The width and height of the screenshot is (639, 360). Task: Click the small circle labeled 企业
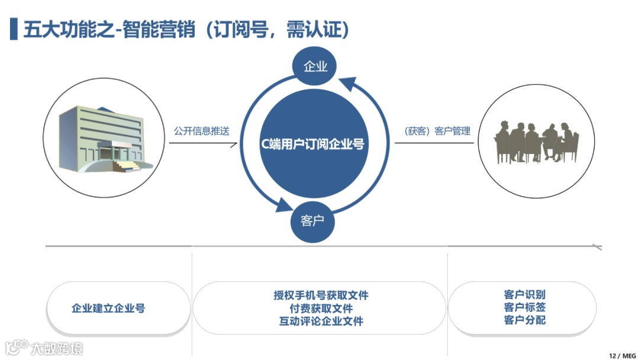coord(315,66)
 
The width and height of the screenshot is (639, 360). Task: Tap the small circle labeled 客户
coord(312,221)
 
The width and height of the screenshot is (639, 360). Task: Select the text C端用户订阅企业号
coord(313,143)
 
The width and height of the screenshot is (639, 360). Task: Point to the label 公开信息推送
coord(201,131)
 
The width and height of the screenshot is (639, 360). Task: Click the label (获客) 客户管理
coord(437,131)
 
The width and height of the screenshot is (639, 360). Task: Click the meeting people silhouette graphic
coord(536,142)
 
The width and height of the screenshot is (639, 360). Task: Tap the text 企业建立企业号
coord(108,308)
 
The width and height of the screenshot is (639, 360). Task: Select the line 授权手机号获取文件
coord(321,295)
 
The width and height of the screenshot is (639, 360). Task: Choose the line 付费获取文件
coord(321,308)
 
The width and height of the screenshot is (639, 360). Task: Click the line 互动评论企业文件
coord(321,321)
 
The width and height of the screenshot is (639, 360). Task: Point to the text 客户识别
coord(525,294)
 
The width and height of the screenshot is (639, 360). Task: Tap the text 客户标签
coord(525,307)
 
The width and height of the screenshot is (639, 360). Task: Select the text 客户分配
coord(525,320)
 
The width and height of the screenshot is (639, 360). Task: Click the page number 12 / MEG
coord(621,355)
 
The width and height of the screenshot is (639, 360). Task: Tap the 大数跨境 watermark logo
coord(44,347)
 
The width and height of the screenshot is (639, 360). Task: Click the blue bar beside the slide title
coord(14,29)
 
